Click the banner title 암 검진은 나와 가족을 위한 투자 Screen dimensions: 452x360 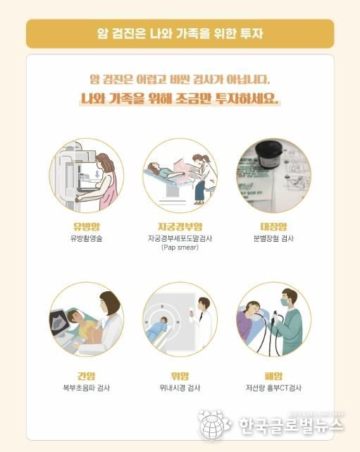click(180, 32)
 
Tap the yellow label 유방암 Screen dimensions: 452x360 click(87, 226)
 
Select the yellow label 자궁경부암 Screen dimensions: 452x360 click(180, 226)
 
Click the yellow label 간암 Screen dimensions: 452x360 click(87, 376)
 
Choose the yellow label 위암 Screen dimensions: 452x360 click(180, 376)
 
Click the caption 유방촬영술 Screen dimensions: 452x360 click(87, 239)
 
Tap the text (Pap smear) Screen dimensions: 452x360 click(180, 248)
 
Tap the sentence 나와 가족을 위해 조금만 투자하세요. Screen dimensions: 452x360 click(180, 99)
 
